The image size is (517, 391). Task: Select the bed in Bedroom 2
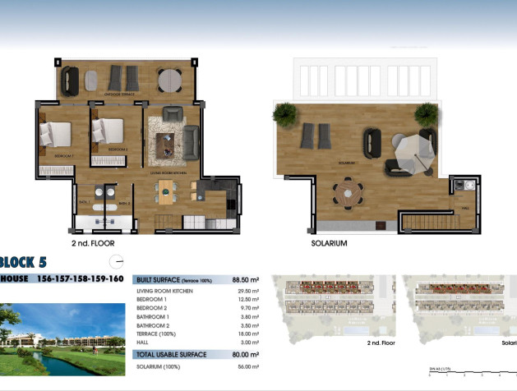[x=108, y=131]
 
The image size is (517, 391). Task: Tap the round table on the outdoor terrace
[x=171, y=79]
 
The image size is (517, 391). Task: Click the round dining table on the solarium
[x=348, y=195]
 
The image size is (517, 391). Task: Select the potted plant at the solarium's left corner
[x=284, y=112]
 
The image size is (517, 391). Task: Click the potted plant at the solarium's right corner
[x=426, y=113]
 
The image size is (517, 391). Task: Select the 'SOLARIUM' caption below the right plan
[x=330, y=244]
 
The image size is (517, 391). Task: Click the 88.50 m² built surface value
[x=246, y=279]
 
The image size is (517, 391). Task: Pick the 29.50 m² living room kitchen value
[x=247, y=292]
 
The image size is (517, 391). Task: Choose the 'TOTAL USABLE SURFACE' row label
[x=172, y=354]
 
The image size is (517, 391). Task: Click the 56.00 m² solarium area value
[x=247, y=367]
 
